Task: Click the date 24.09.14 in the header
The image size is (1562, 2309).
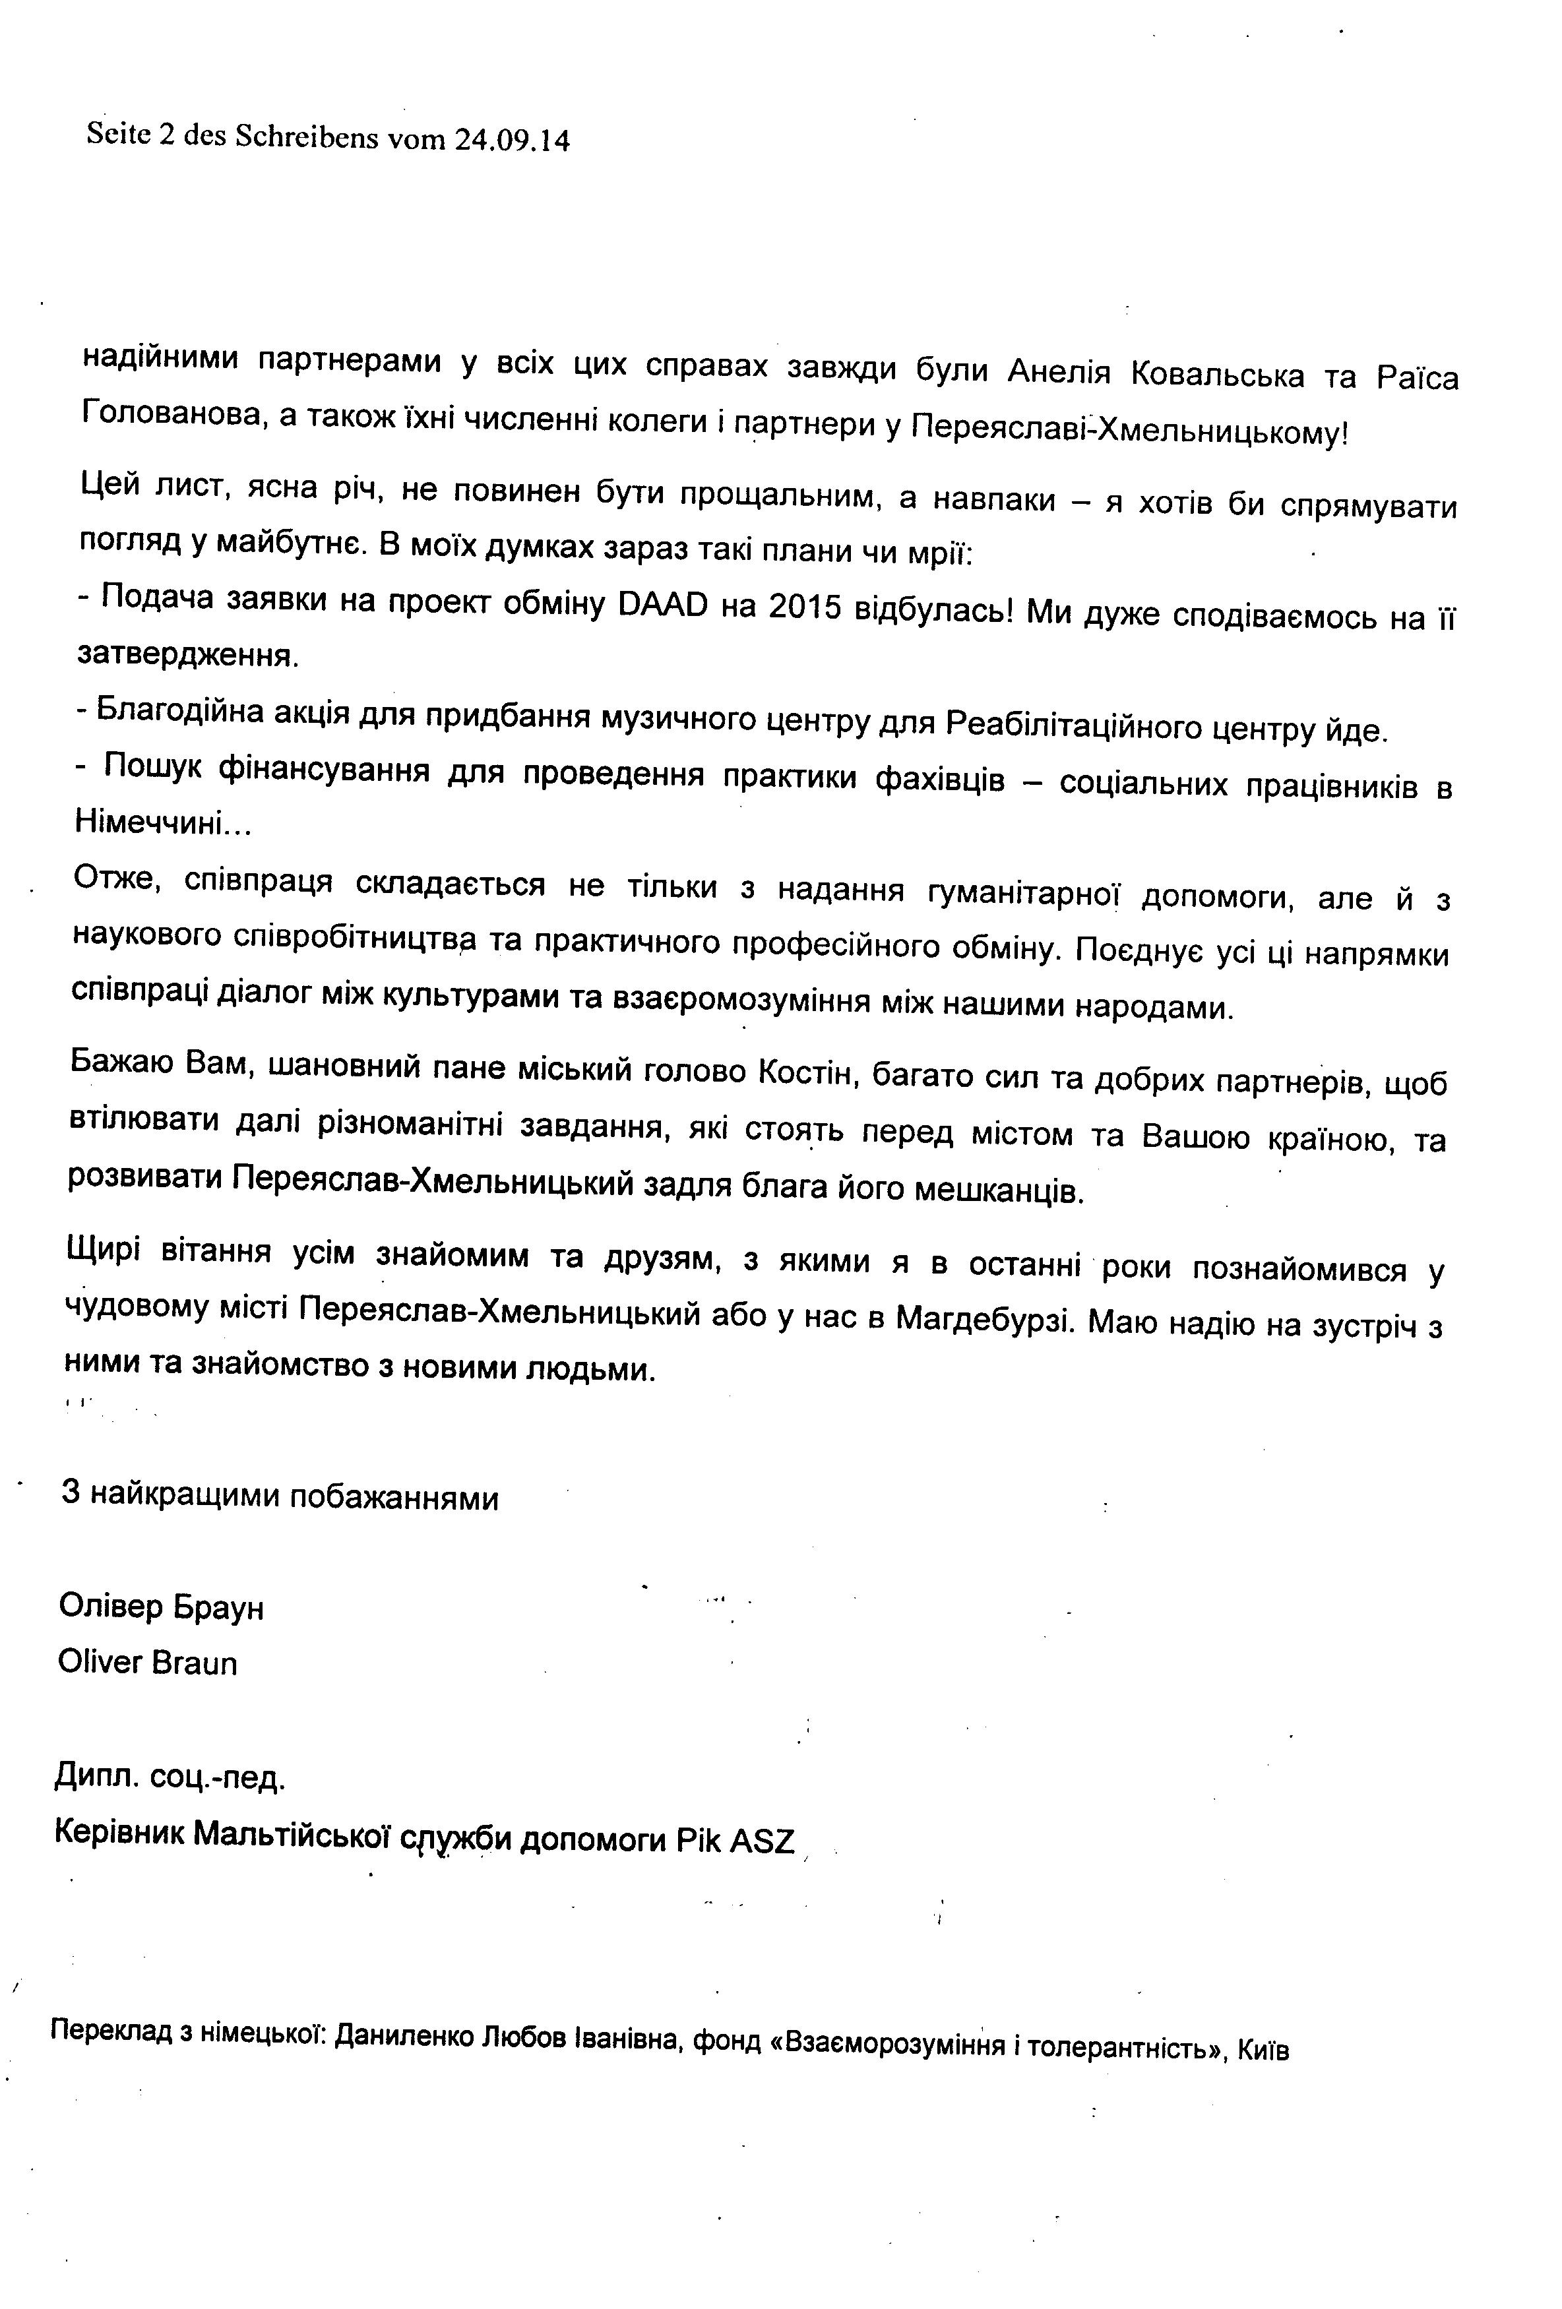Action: tap(512, 140)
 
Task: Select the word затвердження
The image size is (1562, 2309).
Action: tap(186, 655)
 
